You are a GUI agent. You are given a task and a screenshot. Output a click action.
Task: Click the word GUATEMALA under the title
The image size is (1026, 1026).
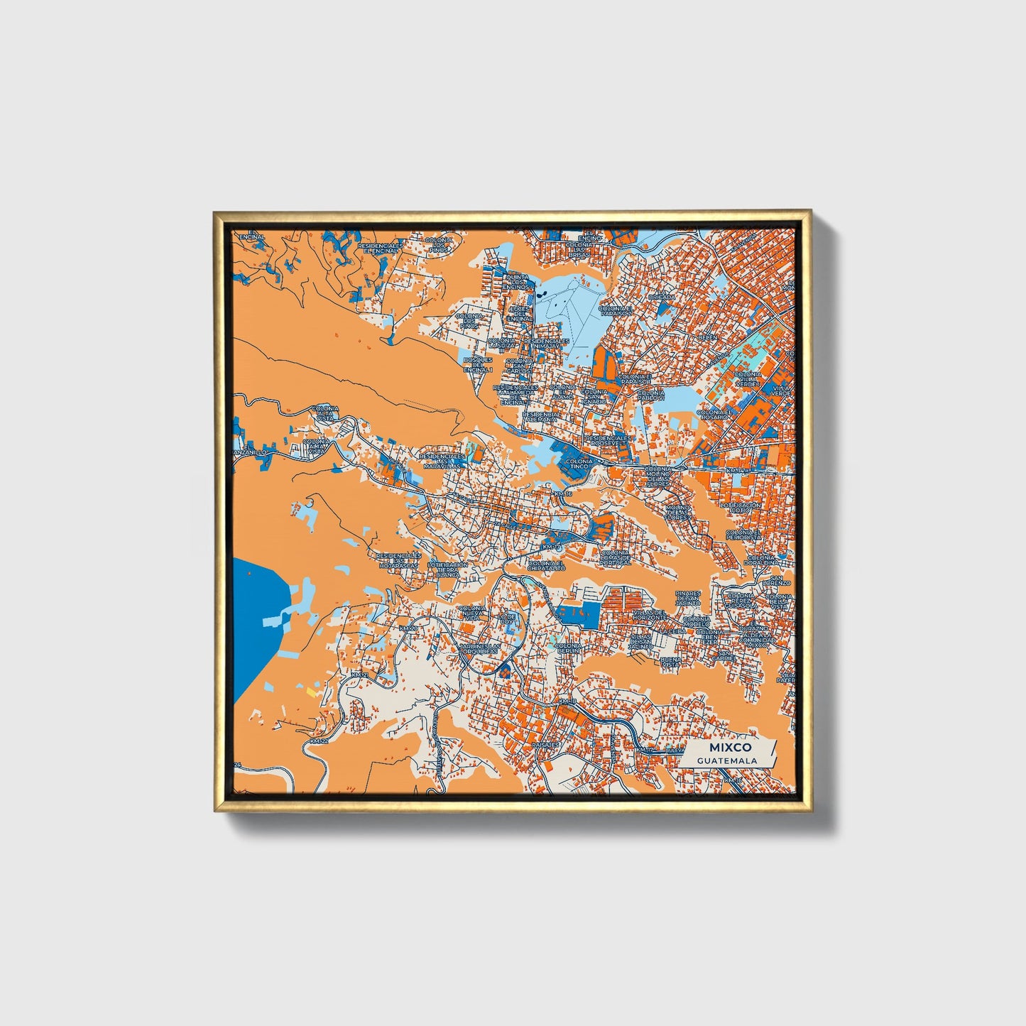pyautogui.click(x=726, y=760)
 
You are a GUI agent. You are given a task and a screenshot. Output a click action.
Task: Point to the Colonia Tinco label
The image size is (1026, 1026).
pyautogui.click(x=579, y=464)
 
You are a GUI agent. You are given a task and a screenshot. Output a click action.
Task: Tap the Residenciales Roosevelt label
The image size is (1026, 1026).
pyautogui.click(x=608, y=442)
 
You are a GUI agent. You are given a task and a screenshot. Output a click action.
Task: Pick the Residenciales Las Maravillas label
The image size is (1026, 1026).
pyautogui.click(x=442, y=462)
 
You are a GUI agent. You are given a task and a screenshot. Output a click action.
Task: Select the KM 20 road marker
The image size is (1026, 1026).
pyautogui.click(x=408, y=628)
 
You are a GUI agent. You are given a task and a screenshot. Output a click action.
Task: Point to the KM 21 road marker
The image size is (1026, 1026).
pyautogui.click(x=361, y=675)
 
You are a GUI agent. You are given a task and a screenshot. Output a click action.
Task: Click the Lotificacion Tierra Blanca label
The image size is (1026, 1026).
pyautogui.click(x=448, y=569)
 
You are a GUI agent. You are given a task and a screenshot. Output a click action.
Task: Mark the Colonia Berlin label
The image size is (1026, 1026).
pyautogui.click(x=568, y=649)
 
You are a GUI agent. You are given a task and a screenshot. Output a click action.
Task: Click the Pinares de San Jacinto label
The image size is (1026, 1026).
pyautogui.click(x=688, y=598)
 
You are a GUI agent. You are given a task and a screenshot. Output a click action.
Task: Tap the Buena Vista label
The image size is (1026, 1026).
pyautogui.click(x=670, y=662)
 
